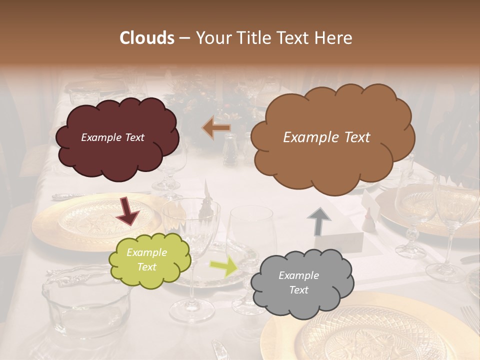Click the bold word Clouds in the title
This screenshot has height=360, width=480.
[147, 38]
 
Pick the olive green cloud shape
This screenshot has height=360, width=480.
[150, 260]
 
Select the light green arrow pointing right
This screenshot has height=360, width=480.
[224, 267]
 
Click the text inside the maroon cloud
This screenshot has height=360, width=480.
[112, 137]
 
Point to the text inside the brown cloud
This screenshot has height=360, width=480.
[326, 137]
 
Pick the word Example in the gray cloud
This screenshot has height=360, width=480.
[298, 275]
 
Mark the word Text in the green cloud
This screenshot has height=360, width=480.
[147, 267]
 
